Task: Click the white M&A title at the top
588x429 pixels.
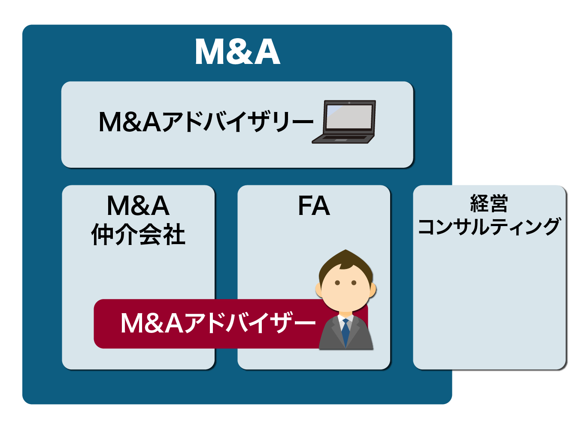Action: click(238, 51)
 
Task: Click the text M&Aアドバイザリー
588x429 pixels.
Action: click(206, 122)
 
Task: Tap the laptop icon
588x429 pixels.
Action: click(344, 122)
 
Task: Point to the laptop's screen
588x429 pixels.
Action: click(349, 117)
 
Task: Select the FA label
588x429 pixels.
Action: click(314, 206)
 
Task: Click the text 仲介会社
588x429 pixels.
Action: click(138, 234)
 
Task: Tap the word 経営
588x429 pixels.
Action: click(489, 203)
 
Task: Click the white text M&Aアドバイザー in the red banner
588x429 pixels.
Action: click(218, 323)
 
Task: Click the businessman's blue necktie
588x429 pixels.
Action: click(346, 333)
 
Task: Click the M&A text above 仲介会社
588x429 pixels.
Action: click(138, 206)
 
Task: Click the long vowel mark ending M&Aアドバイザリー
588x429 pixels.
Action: click(303, 121)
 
